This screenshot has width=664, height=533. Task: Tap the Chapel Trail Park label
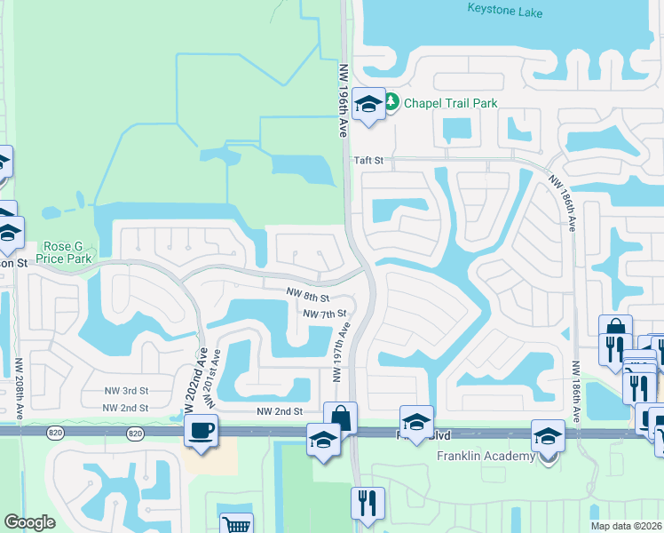pos(450,103)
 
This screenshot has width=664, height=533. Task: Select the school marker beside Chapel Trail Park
pos(368,105)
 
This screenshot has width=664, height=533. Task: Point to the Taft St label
pos(368,161)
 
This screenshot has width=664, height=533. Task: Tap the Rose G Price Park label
pos(64,252)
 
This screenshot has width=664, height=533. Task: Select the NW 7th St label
pos(324,314)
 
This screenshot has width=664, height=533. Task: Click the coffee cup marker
pos(201,431)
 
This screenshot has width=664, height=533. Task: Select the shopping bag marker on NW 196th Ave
pos(340,417)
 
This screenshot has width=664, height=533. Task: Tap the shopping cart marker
pos(237,524)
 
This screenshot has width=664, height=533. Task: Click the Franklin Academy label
pos(486,457)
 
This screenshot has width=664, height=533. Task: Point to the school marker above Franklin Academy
pos(547,436)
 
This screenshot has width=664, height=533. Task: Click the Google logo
pos(29,522)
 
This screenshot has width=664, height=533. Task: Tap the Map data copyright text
pos(626,526)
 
